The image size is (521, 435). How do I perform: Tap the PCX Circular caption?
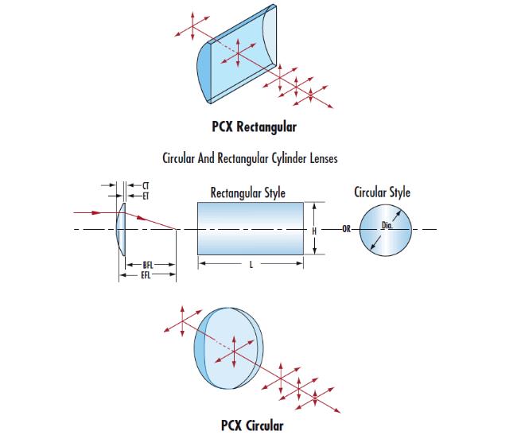pyautogui.click(x=251, y=425)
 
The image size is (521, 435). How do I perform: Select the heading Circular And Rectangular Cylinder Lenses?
pyautogui.click(x=250, y=158)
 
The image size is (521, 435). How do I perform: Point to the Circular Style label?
pyautogui.click(x=383, y=192)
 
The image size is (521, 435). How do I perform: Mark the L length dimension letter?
pyautogui.click(x=251, y=264)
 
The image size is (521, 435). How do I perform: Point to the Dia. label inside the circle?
pyautogui.click(x=388, y=226)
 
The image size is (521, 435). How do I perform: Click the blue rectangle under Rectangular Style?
pyautogui.click(x=251, y=228)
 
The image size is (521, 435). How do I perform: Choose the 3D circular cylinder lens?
pyautogui.click(x=231, y=347)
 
